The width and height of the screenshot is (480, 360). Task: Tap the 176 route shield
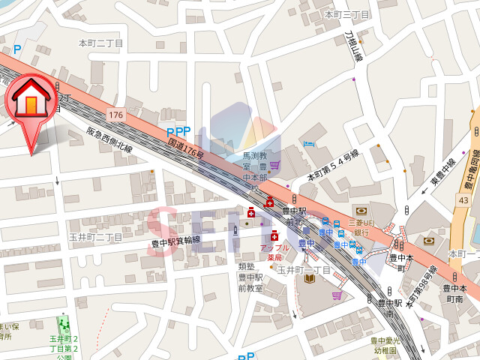(115, 115)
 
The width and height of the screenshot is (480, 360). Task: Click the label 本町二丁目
(101, 43)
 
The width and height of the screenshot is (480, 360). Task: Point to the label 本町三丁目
(346, 14)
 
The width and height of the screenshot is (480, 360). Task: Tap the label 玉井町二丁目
(95, 237)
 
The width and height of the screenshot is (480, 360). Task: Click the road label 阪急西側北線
(109, 140)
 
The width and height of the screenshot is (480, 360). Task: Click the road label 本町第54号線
(334, 166)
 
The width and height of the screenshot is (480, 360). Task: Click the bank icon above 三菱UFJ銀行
(361, 211)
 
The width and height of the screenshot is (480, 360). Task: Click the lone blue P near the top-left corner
(16, 49)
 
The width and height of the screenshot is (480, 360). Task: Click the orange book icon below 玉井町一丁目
(308, 279)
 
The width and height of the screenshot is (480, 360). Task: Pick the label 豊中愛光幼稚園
(385, 345)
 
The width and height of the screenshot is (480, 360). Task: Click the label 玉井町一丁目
(304, 269)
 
